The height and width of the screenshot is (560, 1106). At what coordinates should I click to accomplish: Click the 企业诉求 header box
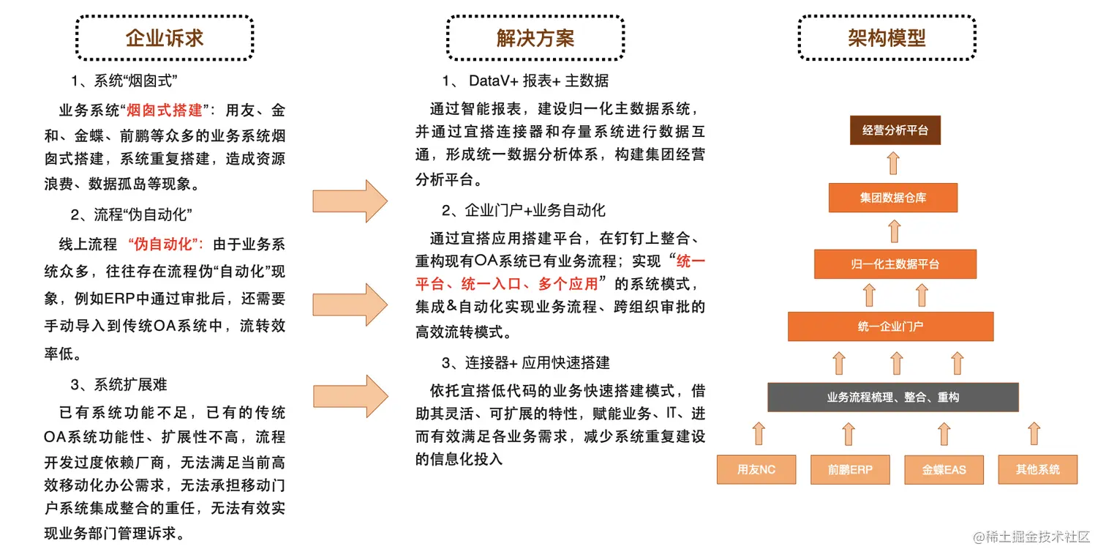coord(165,38)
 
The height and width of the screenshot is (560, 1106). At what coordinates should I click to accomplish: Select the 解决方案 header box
coord(535,38)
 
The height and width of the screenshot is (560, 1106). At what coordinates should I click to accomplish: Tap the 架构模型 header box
coord(887,38)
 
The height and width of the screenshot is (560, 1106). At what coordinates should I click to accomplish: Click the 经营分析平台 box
coord(895,130)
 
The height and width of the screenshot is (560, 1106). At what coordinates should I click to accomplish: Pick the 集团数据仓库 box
coord(893,198)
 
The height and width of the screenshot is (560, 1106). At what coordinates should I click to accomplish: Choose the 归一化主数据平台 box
coord(895,264)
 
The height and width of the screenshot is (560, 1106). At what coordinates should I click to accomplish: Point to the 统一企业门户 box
coord(890,326)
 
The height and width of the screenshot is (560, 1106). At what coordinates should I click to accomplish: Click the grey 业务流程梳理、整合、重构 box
coord(892,397)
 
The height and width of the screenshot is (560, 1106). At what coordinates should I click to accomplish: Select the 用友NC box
coord(756,469)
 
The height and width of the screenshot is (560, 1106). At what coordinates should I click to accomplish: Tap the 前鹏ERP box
coord(850,469)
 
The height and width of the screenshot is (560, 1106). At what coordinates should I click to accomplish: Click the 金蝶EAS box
coord(944,469)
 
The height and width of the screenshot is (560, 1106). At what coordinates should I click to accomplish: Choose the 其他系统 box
coord(1037,469)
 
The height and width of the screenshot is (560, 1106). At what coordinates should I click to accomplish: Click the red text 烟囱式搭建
coord(165,111)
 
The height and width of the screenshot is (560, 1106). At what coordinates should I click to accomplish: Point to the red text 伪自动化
coord(165,244)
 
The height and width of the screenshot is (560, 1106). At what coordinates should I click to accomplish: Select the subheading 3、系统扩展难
coord(119,384)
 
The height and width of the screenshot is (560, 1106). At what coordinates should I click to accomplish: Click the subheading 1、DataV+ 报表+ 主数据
coord(524,81)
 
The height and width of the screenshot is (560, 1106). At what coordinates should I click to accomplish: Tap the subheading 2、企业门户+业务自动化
coord(523,211)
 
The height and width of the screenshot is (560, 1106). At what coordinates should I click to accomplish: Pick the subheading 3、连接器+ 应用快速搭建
coord(525,363)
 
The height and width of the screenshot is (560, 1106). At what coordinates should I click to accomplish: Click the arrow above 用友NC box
coord(759,433)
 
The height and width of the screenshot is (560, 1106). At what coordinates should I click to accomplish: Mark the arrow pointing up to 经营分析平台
coord(894,163)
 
